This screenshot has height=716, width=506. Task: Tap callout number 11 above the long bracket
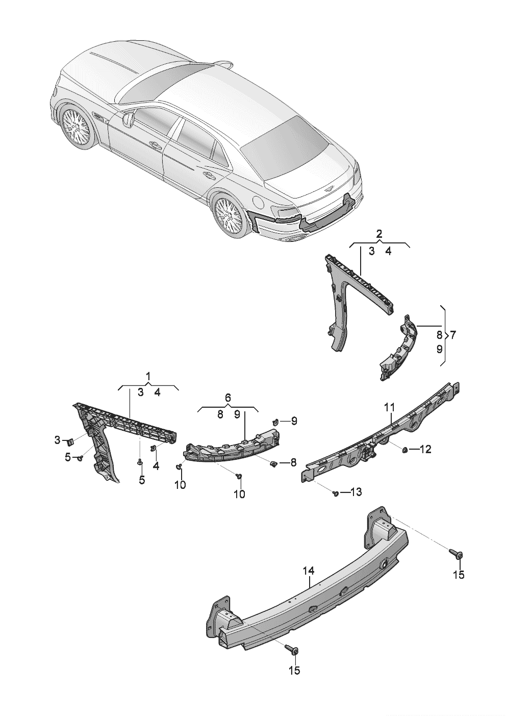[x=390, y=408]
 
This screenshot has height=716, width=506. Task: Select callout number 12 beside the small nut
[x=425, y=449]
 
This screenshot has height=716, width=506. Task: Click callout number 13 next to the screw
[x=356, y=492]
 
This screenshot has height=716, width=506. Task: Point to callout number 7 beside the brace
[x=453, y=335]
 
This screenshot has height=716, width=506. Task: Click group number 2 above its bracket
[x=380, y=234]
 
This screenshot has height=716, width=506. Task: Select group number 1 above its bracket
[x=148, y=377]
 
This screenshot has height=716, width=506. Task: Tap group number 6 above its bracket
[x=227, y=398]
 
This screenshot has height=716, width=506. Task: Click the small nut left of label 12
[x=404, y=449]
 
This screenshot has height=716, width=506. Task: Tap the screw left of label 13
[x=335, y=493]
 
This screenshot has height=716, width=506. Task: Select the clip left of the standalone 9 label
[x=275, y=422]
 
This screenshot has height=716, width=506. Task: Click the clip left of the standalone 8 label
[x=274, y=463]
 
